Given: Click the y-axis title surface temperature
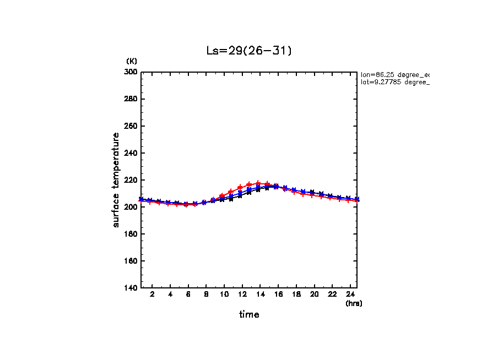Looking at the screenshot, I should (116, 179).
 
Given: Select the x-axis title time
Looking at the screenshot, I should (249, 315).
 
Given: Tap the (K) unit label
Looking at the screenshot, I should (132, 61).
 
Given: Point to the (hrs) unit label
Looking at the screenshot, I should (353, 303).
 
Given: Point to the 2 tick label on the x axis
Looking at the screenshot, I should (152, 294).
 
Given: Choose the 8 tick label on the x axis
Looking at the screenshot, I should (206, 294).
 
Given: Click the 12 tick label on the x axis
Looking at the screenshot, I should (242, 294).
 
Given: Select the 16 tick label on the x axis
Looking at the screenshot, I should (278, 294).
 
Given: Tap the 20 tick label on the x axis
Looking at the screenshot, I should (314, 294).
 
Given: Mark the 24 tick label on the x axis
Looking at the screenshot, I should (350, 294).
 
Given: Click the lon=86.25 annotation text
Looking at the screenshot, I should (394, 74).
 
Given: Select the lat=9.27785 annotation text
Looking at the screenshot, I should (394, 82).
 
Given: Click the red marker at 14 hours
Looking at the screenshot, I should (258, 183).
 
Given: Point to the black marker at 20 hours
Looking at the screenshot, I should (312, 193).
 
